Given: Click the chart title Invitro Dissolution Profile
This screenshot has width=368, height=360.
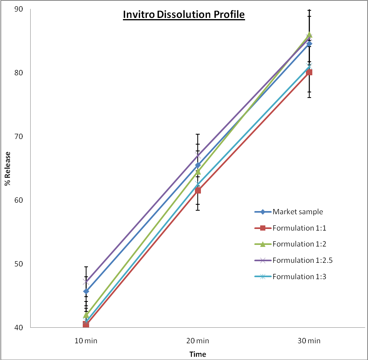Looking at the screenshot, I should [x=183, y=15].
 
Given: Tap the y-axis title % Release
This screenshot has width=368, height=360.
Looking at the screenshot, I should [x=7, y=168].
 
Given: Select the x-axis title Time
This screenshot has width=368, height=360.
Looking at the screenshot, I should [x=198, y=354].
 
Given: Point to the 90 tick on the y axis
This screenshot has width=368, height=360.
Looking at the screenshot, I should [x=19, y=9].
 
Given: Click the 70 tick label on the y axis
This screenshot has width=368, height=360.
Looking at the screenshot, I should [x=19, y=137].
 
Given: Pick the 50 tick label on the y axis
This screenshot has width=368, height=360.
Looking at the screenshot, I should [x=19, y=264].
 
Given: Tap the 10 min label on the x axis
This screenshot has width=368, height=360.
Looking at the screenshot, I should [x=86, y=340].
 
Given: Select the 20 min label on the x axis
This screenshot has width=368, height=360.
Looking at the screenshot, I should [x=198, y=340].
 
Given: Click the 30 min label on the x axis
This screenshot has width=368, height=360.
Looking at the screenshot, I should [x=309, y=340].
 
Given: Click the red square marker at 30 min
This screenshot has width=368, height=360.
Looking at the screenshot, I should [x=309, y=72].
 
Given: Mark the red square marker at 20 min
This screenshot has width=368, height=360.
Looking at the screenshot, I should [x=198, y=190].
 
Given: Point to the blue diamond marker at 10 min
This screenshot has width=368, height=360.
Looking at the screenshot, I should [x=86, y=291].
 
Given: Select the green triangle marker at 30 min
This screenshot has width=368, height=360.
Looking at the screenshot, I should [x=309, y=35].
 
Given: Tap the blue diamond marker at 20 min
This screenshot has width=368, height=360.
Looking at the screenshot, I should [x=198, y=165].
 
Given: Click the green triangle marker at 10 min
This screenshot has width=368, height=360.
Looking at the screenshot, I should [x=86, y=315].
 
